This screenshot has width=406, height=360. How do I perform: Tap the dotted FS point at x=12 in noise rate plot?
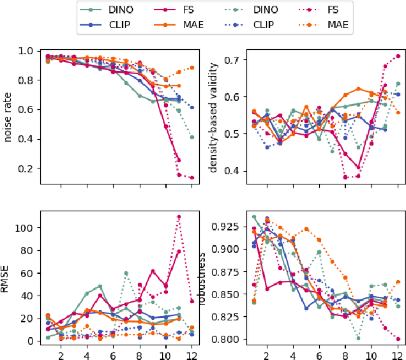click(x=192, y=178)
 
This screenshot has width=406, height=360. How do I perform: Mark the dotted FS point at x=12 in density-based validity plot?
click(x=398, y=56)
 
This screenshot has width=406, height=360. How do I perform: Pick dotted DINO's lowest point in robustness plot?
click(x=359, y=338)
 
